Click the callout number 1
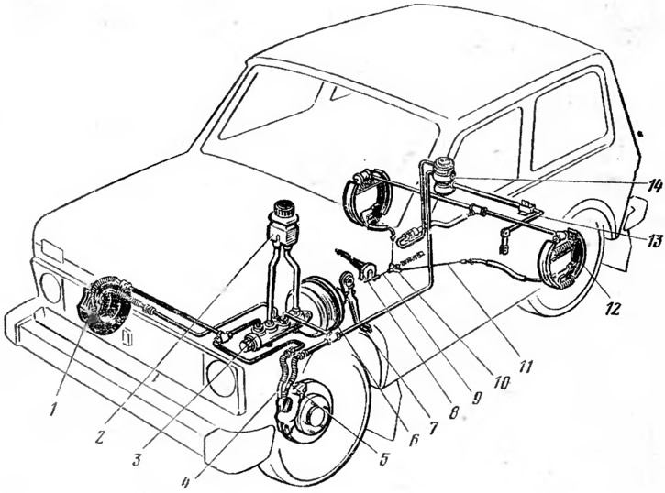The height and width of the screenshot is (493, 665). [52, 410]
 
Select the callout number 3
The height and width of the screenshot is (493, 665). [136, 459]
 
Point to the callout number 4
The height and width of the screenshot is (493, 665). [185, 481]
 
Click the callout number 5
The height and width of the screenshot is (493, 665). [383, 458]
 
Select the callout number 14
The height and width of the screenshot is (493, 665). [653, 186]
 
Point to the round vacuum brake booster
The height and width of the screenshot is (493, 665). [320, 302]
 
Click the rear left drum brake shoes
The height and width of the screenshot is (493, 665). [562, 258]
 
